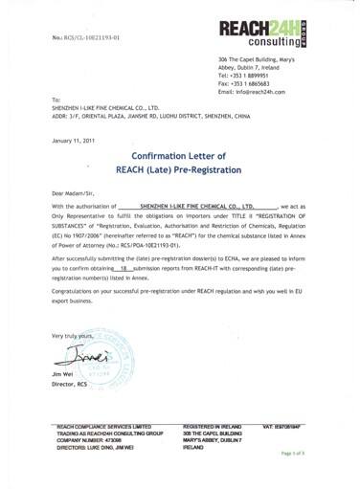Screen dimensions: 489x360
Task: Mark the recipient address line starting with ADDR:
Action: (x=152, y=116)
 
